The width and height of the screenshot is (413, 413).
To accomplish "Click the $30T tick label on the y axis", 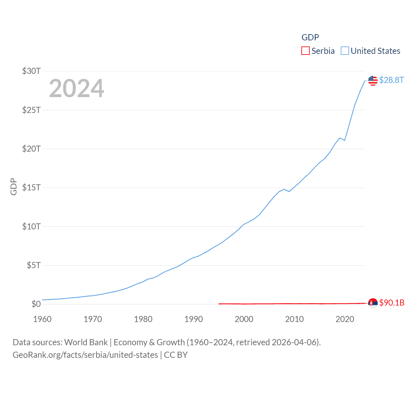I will pos(31,71).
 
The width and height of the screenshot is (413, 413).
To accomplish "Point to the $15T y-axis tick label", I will pos(31,187).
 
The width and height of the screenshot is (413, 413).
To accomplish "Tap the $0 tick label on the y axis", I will pos(36,304).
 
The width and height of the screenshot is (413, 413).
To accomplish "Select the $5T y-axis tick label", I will pos(34,265).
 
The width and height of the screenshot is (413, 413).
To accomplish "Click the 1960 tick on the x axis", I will pos(42,319).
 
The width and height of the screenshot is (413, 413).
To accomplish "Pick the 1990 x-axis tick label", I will pos(194,319).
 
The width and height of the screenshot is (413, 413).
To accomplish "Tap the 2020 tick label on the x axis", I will pos(345,319).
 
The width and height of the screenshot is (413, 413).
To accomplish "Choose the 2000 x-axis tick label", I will pos(244,319).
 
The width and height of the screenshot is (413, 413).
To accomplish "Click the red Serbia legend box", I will pos(306,51).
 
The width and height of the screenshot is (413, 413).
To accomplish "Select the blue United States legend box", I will pos(345,51).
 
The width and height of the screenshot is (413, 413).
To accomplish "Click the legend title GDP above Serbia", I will pos(310,37).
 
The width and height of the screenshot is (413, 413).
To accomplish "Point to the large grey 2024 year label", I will pos(76,88).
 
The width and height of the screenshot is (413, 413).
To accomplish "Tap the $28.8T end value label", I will pos(391,80).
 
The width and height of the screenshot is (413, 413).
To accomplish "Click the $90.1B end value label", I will pos(392,303).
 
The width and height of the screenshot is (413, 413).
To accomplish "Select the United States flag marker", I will pos(373,80).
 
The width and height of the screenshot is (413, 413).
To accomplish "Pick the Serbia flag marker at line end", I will pos(373,303).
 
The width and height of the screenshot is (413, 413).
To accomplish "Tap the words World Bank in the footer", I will pos(86,342).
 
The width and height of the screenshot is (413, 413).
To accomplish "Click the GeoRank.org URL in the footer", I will pos(85,355).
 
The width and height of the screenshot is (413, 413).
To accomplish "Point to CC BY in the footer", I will pos(176,355).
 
